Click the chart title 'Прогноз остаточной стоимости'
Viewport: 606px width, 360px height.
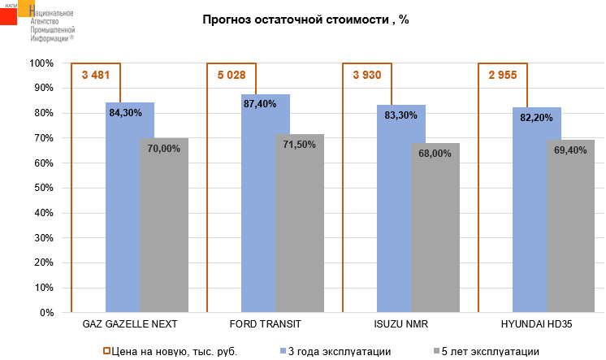305,20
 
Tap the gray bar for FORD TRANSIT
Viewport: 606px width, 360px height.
300,228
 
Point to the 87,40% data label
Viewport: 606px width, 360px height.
260,104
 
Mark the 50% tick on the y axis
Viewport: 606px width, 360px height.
43,188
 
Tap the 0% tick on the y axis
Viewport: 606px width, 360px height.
45,312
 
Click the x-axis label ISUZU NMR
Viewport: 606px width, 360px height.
401,323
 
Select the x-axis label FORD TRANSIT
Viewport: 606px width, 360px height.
266,323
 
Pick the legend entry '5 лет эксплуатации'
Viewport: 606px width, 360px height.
489,351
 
